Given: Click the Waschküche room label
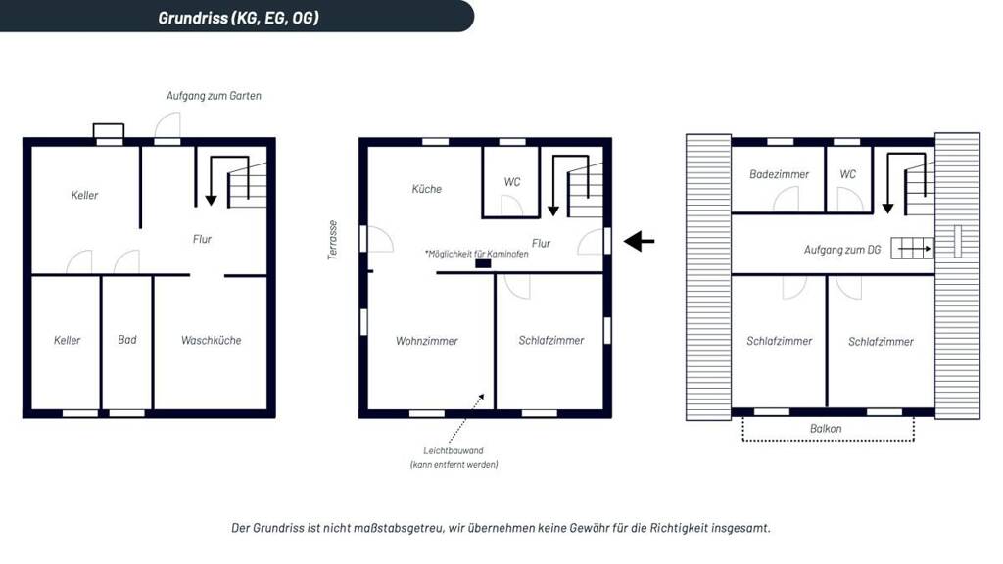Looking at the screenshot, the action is pos(212,340).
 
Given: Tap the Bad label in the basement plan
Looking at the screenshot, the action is pos(127,340).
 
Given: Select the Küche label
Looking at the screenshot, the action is pos(427,189).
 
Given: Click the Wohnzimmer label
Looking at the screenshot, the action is pos(427,341).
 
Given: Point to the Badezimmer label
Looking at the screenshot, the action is pos(779,174).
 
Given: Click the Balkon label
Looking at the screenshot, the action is pos(826,429).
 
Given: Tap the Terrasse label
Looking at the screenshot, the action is pos(333,241).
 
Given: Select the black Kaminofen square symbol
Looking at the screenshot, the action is pos(483,263).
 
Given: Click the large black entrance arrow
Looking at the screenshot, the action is pos(639,241).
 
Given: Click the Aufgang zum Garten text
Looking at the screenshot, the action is pos(214,96).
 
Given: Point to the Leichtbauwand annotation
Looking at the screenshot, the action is pos(454,457).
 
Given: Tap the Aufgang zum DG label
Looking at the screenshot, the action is pos(842,250).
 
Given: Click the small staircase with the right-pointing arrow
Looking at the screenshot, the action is pos(912,248).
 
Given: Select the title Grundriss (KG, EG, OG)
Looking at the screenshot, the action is pos(239,18).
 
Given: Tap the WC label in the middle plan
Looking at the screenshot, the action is pos(511,182).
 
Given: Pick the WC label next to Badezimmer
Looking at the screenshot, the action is pos(847,174).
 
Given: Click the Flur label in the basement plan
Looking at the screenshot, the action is pos(202,239).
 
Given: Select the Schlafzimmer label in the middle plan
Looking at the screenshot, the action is pos(551,340).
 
